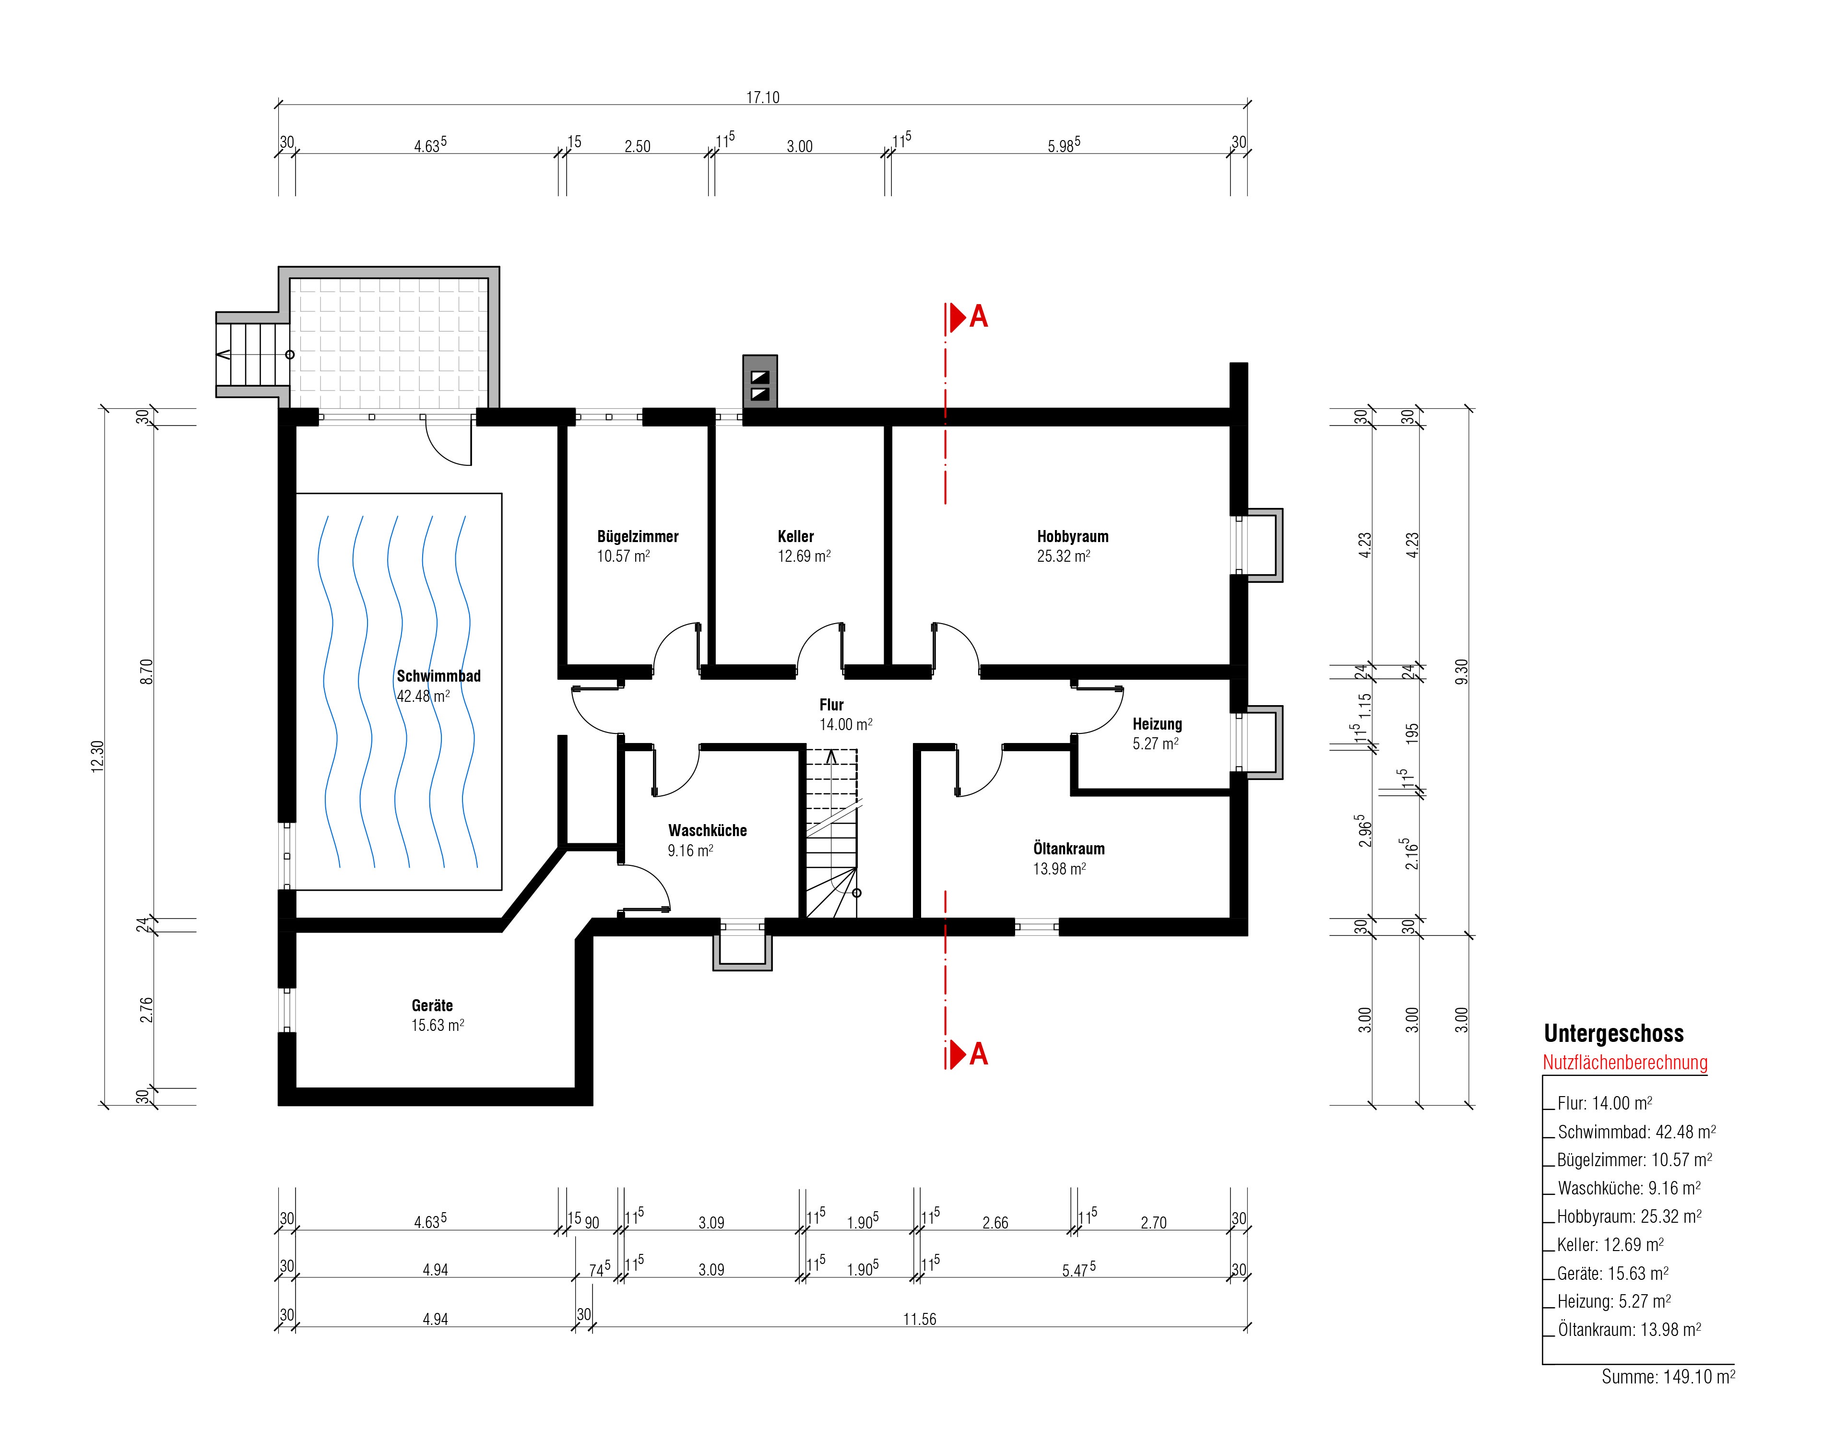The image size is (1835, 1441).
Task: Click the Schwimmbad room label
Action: click(438, 676)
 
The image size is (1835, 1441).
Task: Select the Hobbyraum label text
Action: click(1072, 537)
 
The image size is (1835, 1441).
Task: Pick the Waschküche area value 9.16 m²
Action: click(690, 850)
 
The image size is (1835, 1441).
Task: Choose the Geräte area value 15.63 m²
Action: click(437, 1025)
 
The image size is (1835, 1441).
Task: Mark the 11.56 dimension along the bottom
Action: click(920, 1320)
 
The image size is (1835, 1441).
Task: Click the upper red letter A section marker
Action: click(979, 317)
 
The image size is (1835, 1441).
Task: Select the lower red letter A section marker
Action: click(979, 1054)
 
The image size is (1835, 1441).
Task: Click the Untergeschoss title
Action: click(1613, 1034)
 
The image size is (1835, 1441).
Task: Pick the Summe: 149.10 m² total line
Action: click(1668, 1377)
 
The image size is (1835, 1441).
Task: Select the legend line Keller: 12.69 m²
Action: click(1610, 1244)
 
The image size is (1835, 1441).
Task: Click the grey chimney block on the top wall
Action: click(759, 381)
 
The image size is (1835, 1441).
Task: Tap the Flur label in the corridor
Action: click(831, 705)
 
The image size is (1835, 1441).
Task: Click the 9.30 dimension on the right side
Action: click(1462, 672)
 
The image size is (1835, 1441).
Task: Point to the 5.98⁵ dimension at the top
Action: click(1064, 145)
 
